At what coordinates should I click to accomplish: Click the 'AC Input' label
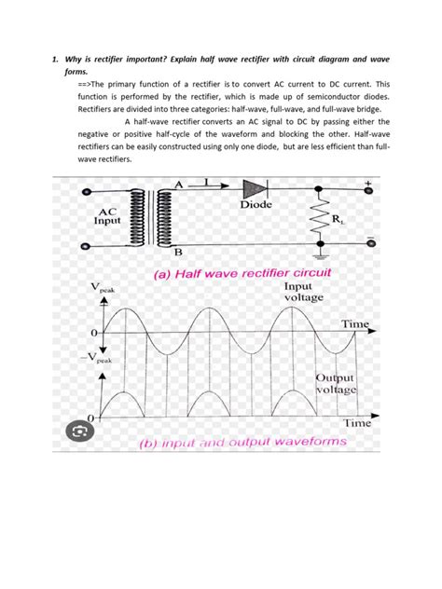108,218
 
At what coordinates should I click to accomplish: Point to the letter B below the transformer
178,253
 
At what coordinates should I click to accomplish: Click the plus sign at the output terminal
367,183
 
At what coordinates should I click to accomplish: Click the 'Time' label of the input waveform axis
355,323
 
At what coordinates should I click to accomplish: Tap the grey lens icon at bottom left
81,431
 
